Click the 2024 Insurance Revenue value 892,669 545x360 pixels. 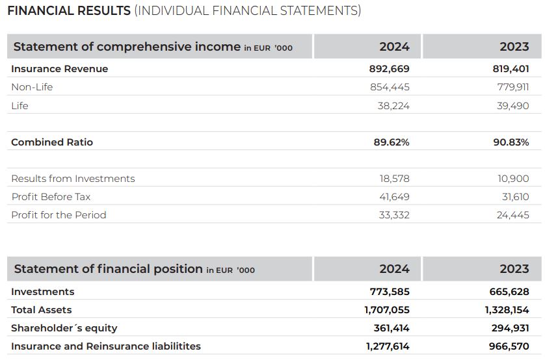[x=390, y=69]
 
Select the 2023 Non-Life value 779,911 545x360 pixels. [x=513, y=87]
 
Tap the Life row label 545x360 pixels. [x=20, y=105]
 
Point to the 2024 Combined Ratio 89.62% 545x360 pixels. [x=392, y=142]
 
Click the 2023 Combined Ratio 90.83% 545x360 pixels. [x=511, y=142]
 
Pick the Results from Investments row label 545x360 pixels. [x=73, y=179]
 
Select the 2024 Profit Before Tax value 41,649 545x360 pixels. [x=395, y=197]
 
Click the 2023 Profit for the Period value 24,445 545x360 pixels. [x=513, y=215]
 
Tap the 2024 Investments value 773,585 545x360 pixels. [x=390, y=292]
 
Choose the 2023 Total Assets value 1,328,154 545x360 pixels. [x=507, y=310]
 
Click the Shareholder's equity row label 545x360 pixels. [x=64, y=328]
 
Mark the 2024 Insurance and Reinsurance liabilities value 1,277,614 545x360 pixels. [x=388, y=346]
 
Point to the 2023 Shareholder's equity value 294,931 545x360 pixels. [x=511, y=328]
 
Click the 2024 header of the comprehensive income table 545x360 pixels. [x=395, y=47]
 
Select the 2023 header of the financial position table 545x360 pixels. [x=514, y=268]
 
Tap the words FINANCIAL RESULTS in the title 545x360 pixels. [x=69, y=11]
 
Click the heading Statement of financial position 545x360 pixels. [x=108, y=268]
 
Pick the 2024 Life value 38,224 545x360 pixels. [x=394, y=105]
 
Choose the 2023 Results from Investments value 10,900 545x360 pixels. [x=513, y=179]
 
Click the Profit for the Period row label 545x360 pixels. [x=59, y=215]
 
